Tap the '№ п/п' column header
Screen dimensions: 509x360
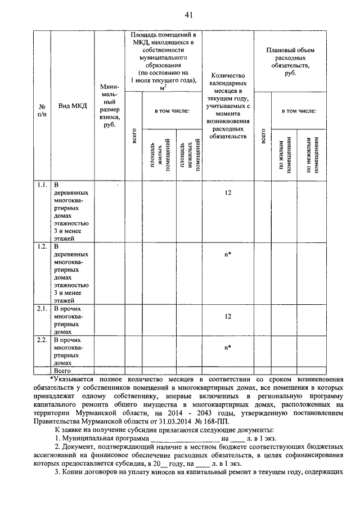coord(42,110)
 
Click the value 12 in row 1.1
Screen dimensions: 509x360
coord(228,193)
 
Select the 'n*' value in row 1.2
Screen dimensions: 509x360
coord(228,254)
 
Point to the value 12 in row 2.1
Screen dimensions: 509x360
coord(228,316)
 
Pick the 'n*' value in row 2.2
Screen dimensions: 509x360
coord(228,347)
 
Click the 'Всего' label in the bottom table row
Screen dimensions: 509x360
coord(61,371)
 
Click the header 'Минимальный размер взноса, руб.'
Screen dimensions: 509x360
coord(109,106)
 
